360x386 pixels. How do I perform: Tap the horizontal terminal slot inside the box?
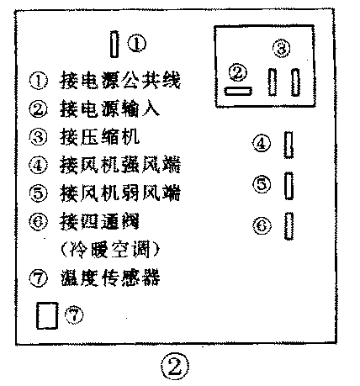[237, 88]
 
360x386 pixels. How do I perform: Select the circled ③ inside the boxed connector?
[283, 49]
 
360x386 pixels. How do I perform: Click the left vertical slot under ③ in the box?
[273, 82]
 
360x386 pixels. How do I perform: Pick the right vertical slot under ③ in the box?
[295, 82]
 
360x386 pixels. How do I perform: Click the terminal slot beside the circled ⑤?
[289, 185]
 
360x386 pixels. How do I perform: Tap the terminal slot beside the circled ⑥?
[289, 225]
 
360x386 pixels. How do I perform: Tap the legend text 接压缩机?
[95, 136]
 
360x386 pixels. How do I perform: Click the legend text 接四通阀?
[95, 221]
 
